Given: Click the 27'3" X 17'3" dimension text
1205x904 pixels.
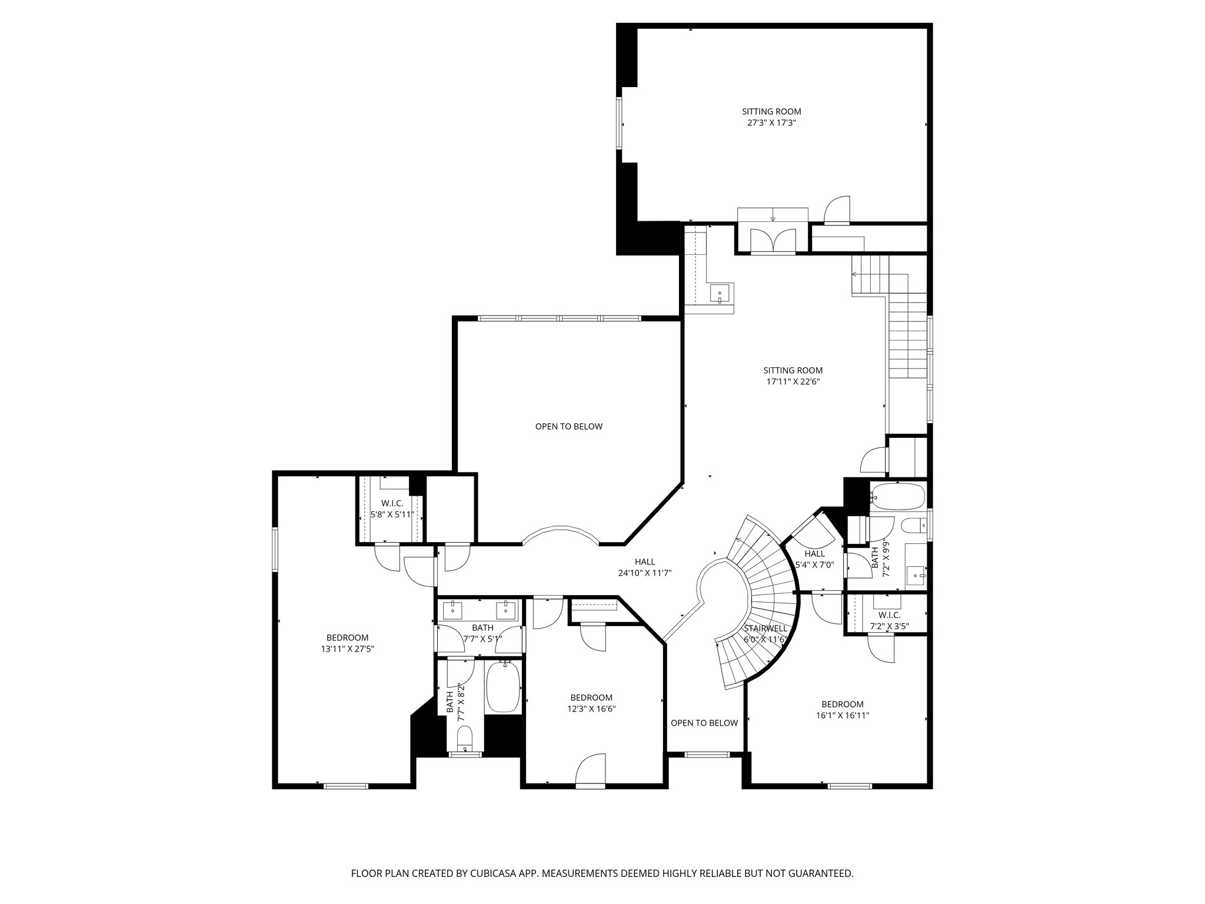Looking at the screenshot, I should coord(771,123).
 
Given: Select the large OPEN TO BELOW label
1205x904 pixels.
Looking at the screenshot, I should coord(568,426).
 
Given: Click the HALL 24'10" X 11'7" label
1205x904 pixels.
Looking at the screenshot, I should coord(644,567).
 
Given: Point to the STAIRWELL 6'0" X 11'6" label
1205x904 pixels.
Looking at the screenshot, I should coord(765,634).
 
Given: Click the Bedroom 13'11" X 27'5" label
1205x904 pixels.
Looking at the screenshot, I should coord(347,643).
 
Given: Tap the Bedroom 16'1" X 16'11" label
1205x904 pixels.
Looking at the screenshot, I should coord(842,710).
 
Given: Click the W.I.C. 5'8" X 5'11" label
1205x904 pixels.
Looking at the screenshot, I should coord(392,509).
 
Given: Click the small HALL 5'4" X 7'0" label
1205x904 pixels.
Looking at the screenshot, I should coord(814,559).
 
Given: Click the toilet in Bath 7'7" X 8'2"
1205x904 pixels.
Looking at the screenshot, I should coord(465,739).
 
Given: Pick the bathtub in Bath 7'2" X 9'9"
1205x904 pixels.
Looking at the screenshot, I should coord(897,496).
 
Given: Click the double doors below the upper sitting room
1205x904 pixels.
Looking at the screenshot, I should coord(773,240).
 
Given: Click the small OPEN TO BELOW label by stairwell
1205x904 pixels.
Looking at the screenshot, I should coord(704,723).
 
